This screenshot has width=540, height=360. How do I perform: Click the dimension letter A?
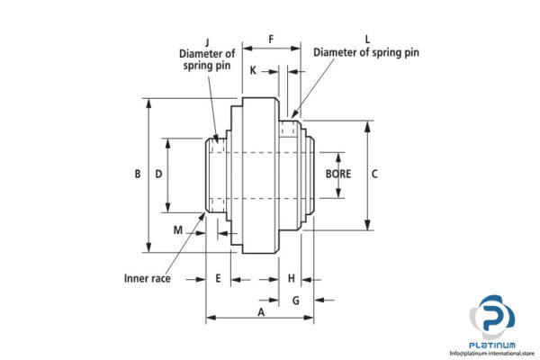pos(261,312)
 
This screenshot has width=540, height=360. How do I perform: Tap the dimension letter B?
pos(137,174)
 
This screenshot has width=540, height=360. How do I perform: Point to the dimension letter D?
pos(158,174)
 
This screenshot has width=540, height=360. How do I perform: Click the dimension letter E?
pos(219,278)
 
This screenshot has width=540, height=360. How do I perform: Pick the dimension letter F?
pos(271,40)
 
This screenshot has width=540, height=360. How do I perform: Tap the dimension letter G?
pos(296,300)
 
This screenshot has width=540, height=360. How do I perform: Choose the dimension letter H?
pos(292,278)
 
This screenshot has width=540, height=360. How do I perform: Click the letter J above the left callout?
pos(207,40)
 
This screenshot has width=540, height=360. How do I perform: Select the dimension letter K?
pos(253,69)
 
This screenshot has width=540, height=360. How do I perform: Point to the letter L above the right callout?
pos(367,40)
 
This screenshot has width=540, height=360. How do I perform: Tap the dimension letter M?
pos(178,229)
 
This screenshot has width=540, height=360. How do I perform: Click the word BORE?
pos(337,174)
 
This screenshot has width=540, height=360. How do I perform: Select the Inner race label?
pos(147,278)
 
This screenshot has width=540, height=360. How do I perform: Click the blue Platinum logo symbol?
pos(492,317)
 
